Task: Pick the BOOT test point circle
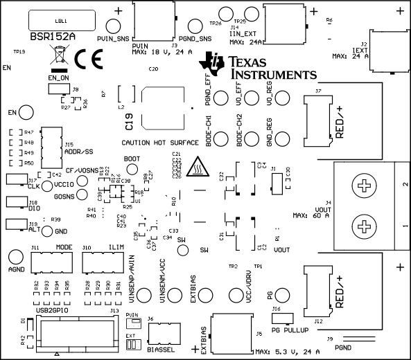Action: [131, 170]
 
